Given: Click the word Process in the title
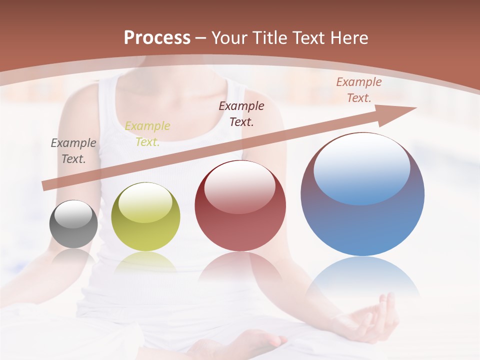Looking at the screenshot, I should (x=157, y=38).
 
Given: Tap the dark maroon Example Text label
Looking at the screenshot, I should (x=241, y=113).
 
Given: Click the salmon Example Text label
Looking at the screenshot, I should (x=358, y=90).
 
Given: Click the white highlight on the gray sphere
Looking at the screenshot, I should (x=73, y=214).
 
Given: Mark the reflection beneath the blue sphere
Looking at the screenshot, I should (x=362, y=275).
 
